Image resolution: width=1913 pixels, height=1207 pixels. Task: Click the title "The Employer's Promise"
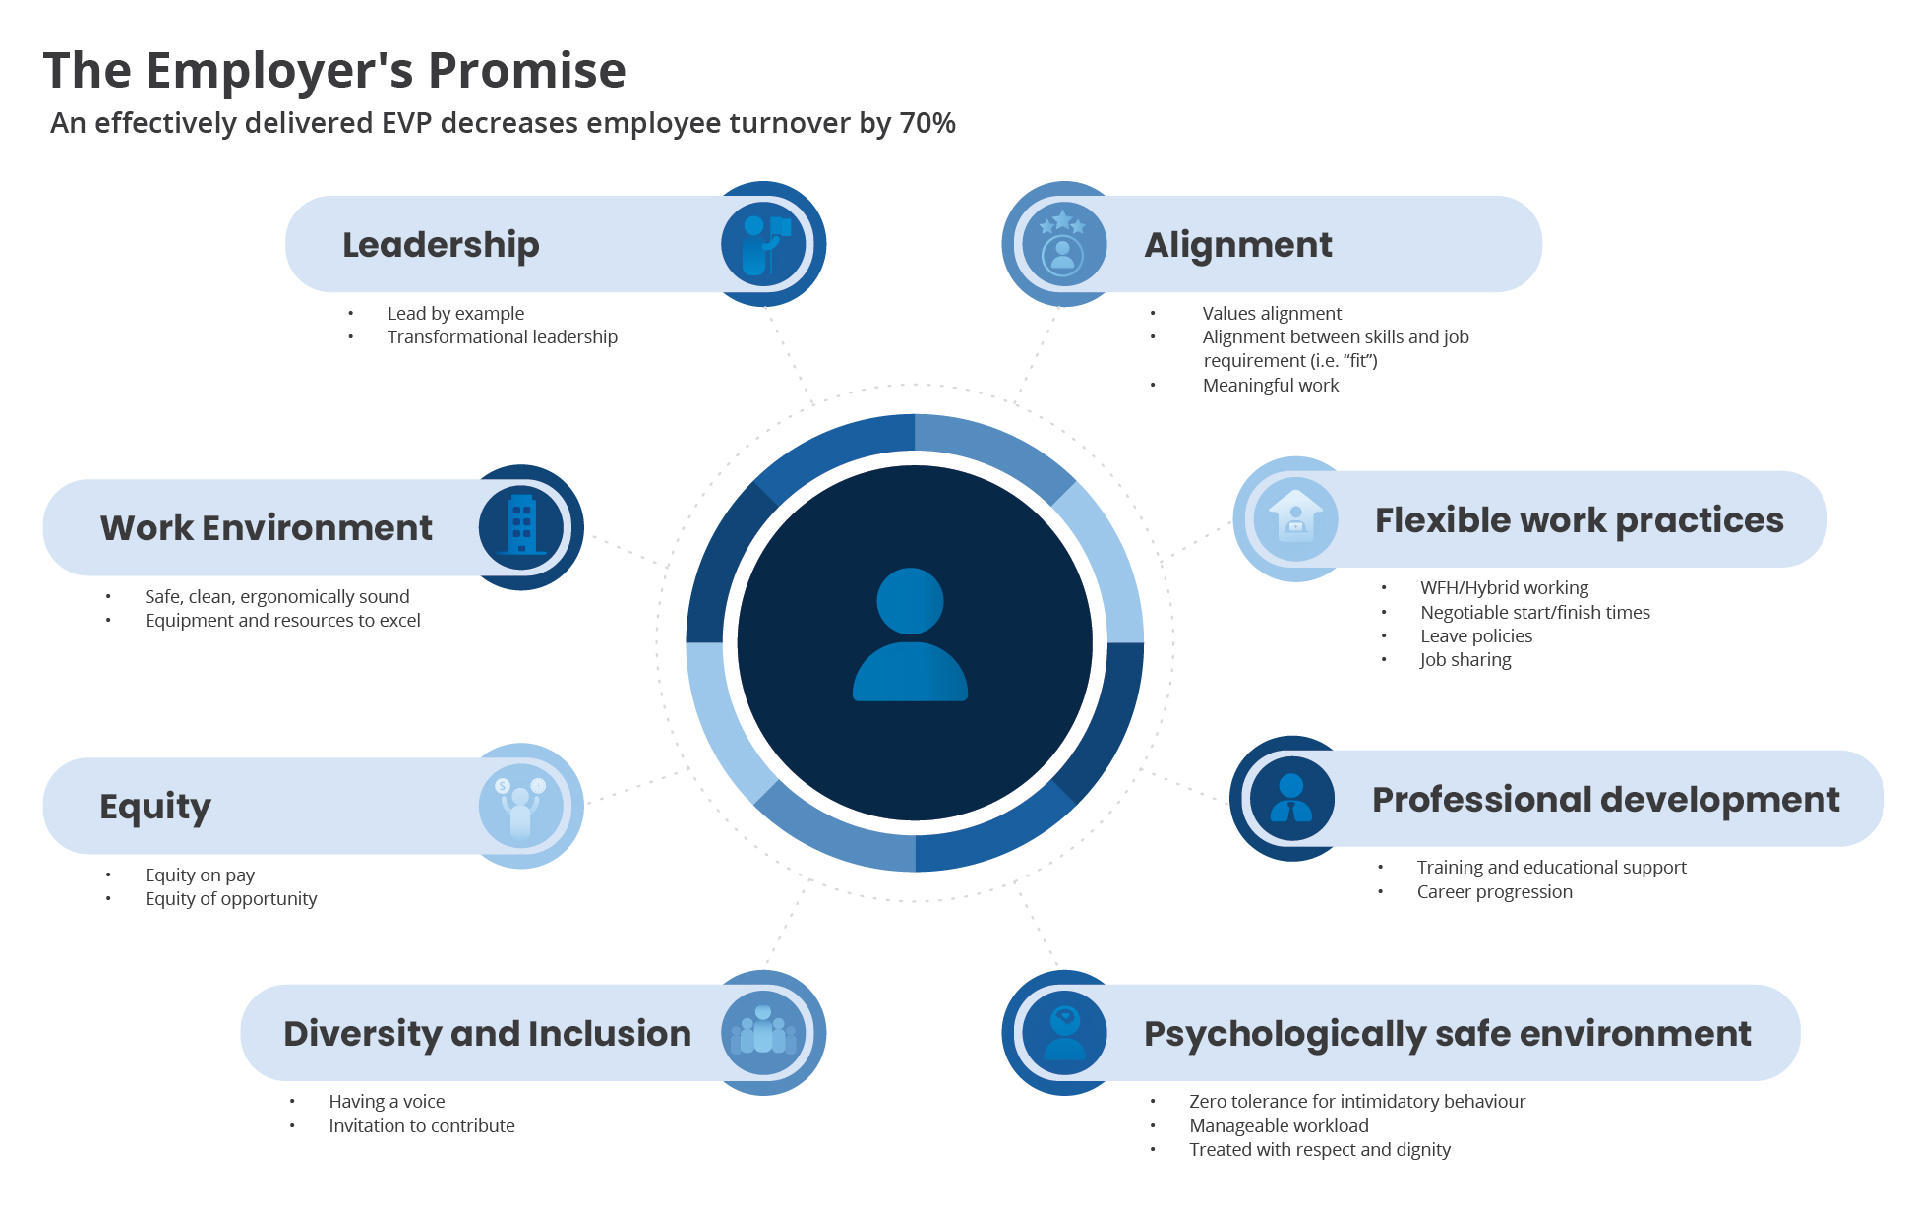pos(334,71)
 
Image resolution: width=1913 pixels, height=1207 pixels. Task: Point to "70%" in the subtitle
pos(927,123)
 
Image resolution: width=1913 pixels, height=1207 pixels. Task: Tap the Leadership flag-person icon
pos(764,244)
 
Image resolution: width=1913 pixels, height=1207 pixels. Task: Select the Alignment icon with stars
pos(1063,244)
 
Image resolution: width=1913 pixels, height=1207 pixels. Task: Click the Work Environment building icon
pos(521,527)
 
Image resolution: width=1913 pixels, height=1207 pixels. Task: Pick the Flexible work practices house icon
pos(1295,519)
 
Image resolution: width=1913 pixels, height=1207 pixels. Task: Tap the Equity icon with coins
pos(521,806)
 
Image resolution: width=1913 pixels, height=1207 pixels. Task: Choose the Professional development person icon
pos(1291,799)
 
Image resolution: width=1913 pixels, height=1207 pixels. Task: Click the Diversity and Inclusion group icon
pos(764,1033)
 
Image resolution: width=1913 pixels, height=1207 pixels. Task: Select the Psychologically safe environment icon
pos(1064,1033)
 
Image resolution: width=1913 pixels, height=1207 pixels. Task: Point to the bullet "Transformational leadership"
pos(502,337)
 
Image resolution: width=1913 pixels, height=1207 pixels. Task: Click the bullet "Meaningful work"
pos(1271,386)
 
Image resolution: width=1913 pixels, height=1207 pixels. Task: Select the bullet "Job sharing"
pos(1465,660)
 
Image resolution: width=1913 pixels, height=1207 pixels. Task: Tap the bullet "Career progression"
pos(1494,892)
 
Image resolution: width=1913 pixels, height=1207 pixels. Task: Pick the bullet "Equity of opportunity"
pos(230,899)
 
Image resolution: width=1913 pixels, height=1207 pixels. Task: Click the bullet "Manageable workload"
pos(1279,1126)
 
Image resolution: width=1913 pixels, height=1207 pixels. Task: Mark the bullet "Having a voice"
pos(387,1102)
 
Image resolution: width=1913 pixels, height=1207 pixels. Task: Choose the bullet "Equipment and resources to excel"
pos(282,621)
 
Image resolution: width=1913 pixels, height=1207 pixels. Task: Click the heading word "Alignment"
pos(1238,245)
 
